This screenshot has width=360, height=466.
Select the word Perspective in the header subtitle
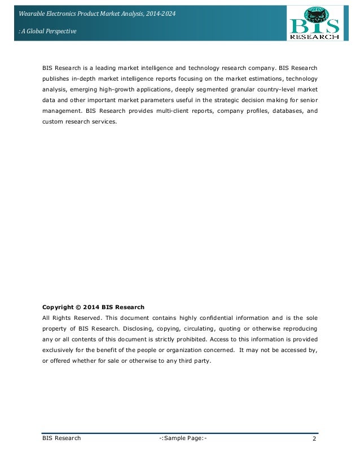59,31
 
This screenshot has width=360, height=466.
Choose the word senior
308,100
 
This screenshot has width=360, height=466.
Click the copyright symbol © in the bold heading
77,307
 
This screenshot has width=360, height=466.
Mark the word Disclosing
128,329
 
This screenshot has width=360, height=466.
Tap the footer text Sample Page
185,438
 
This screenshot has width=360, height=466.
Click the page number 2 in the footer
314,438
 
